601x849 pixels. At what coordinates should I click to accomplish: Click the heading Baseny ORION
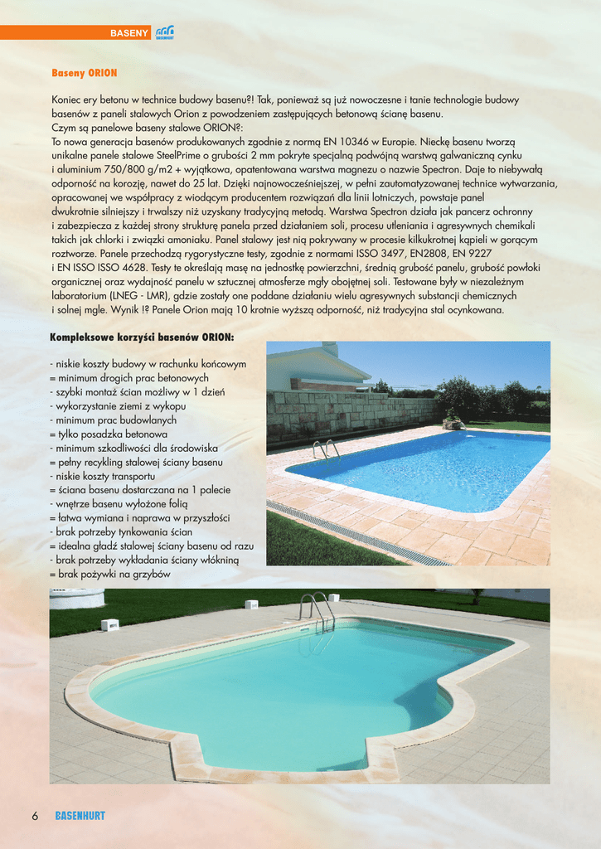(x=85, y=73)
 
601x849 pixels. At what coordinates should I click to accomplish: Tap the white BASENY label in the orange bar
(x=129, y=33)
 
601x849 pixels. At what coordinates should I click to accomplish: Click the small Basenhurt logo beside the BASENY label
(x=164, y=32)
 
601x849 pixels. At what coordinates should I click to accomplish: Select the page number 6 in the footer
(x=36, y=815)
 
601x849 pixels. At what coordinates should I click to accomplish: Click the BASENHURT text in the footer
(x=80, y=816)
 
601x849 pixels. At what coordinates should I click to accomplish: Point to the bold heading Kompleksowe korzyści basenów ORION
(x=142, y=337)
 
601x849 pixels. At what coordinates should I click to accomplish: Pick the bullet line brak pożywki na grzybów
(x=110, y=573)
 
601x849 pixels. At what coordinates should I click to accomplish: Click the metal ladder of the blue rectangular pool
(x=326, y=449)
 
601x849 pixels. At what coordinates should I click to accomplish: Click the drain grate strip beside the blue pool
(x=356, y=531)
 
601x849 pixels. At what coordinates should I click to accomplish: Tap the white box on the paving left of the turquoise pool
(x=109, y=624)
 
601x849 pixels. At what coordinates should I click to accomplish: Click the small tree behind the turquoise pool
(x=477, y=594)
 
